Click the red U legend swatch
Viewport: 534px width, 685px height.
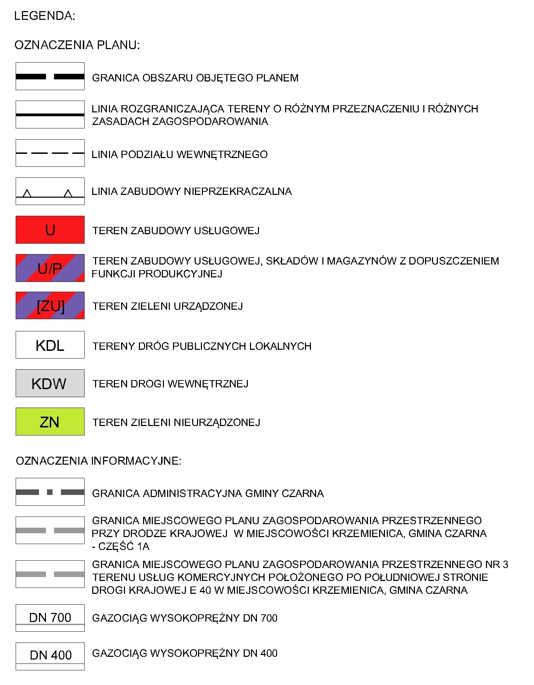pos(50,230)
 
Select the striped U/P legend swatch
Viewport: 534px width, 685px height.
pos(50,268)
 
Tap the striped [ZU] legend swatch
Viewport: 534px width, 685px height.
pos(50,306)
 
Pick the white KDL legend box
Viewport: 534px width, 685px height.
pos(50,345)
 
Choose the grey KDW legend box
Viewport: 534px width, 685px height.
pos(50,383)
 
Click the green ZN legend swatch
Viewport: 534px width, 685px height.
pos(50,422)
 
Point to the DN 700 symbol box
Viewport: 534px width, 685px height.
pos(50,618)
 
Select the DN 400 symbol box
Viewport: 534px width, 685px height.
pos(50,656)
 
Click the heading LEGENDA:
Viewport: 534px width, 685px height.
pos(45,16)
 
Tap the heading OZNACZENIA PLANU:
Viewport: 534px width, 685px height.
pos(77,45)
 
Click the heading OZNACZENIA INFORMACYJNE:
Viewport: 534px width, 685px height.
pos(99,461)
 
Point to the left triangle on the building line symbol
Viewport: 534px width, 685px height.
pos(27,194)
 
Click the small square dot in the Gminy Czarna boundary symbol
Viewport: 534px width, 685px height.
pos(50,492)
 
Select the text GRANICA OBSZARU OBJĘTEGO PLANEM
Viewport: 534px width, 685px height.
pos(195,78)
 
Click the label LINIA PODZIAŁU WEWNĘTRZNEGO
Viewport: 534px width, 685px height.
pos(179,155)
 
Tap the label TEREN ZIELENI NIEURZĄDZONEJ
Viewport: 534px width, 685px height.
pos(176,423)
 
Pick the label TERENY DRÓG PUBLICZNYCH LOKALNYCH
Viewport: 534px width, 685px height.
pos(202,346)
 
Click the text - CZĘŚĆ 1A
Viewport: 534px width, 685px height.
pos(120,546)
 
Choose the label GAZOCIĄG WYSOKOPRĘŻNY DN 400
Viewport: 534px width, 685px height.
pos(184,653)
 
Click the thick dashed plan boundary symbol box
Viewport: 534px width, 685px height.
pos(50,77)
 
